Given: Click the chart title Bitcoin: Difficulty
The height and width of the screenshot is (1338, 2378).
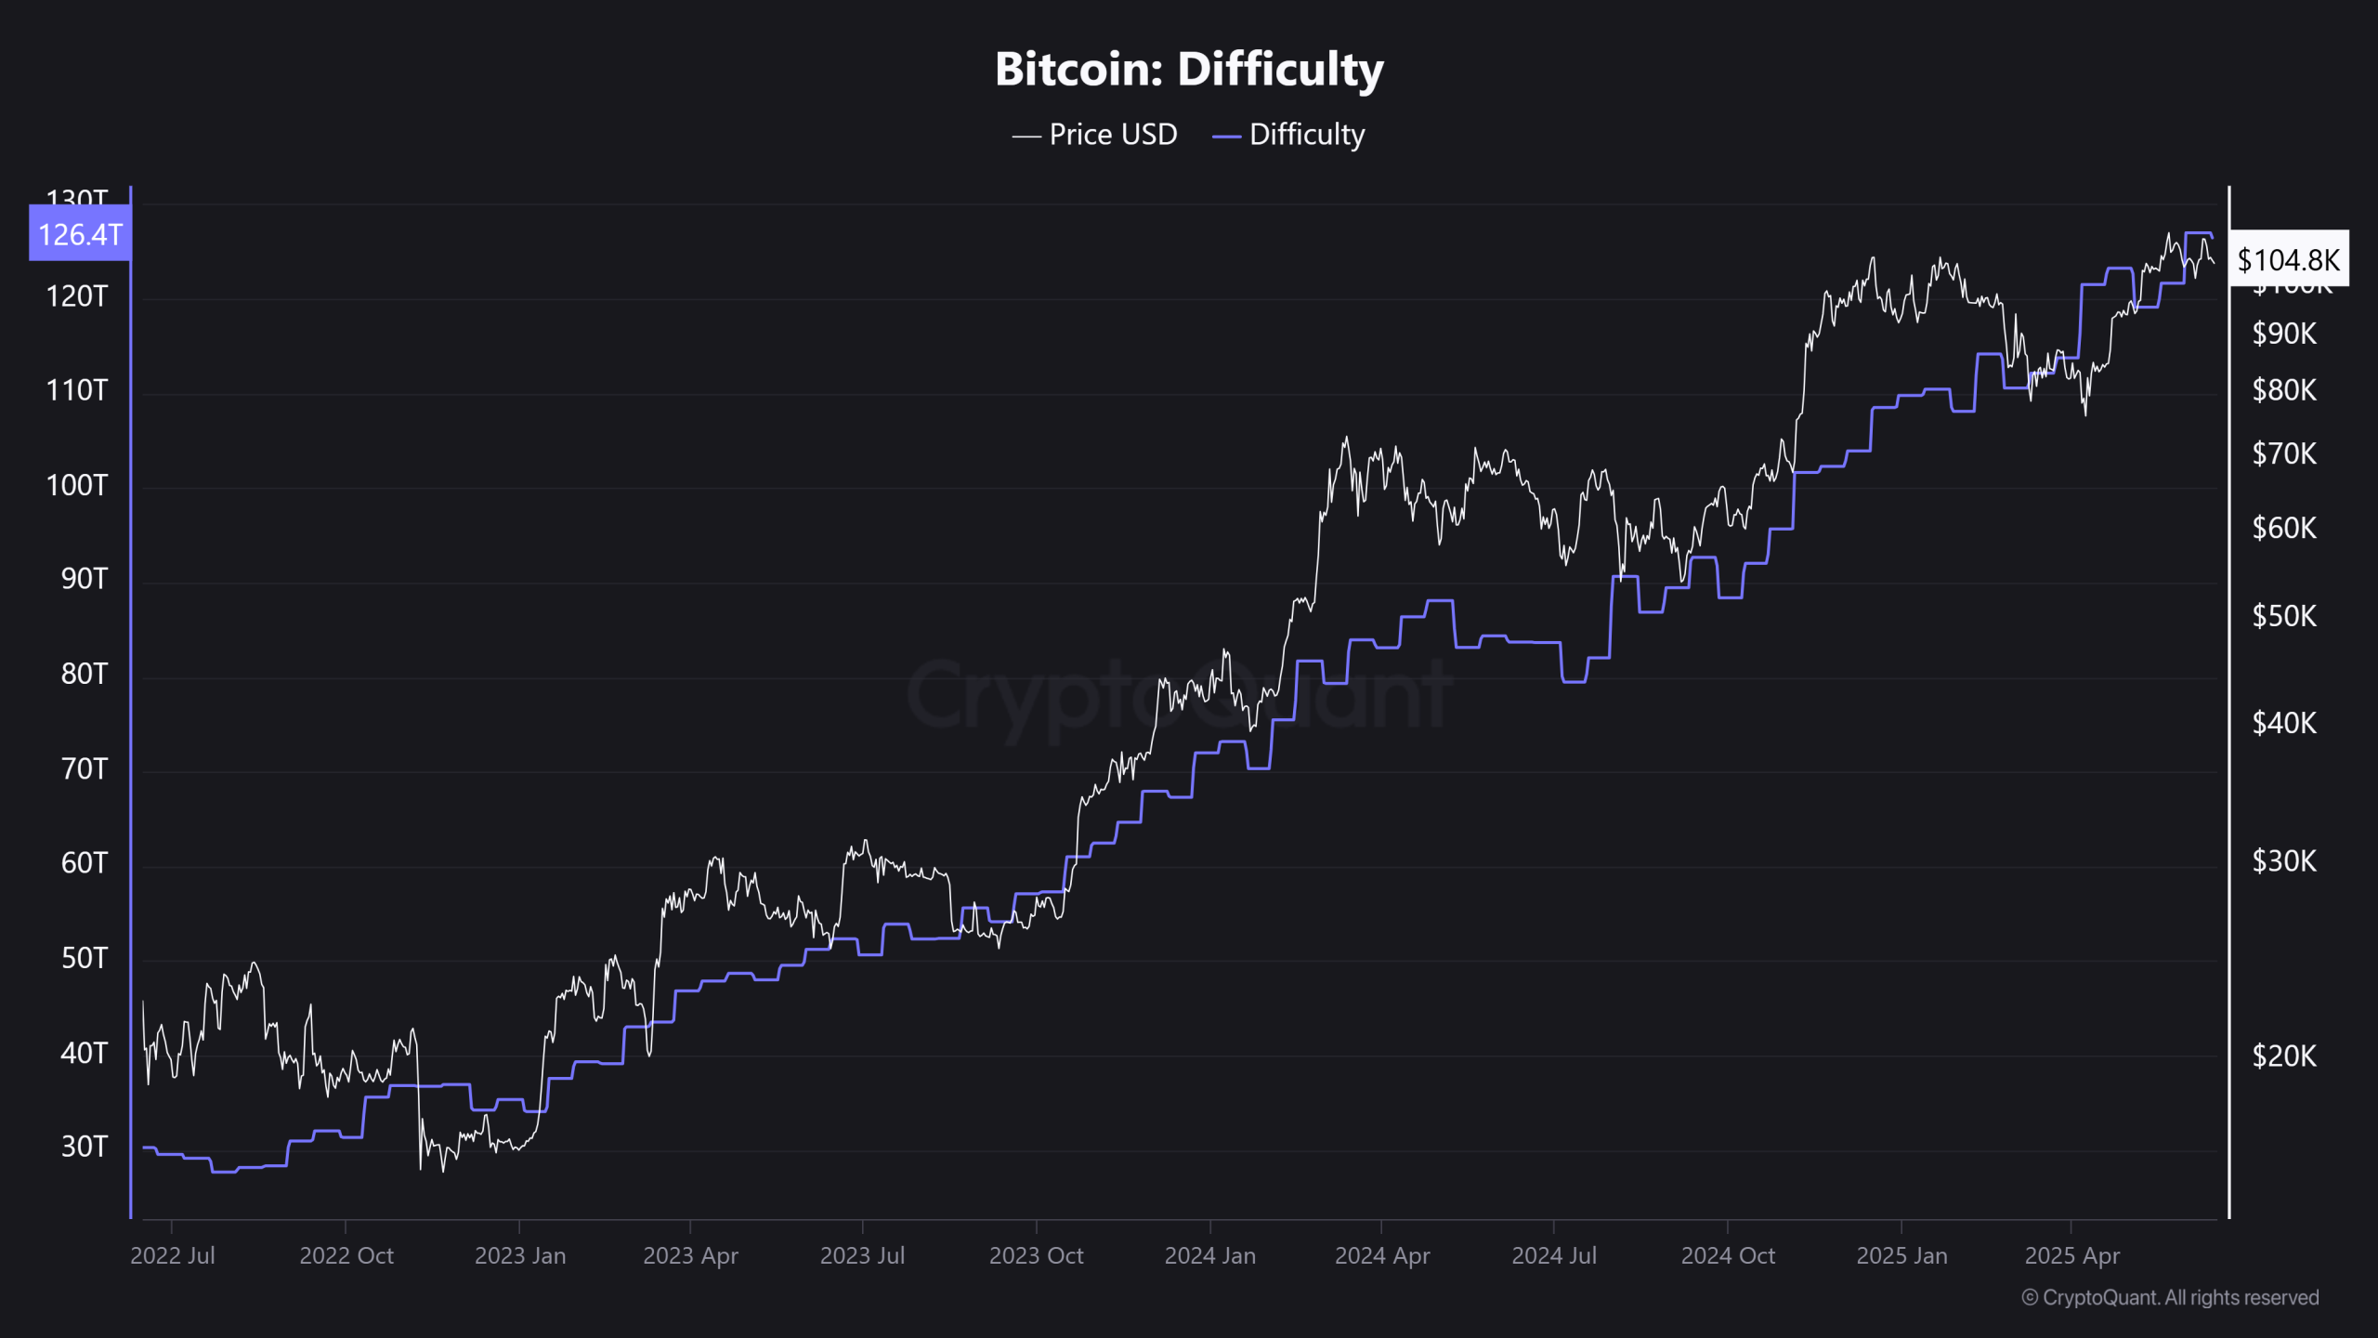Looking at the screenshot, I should pyautogui.click(x=1189, y=70).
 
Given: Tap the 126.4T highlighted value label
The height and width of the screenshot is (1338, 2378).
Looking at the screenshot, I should pyautogui.click(x=80, y=234).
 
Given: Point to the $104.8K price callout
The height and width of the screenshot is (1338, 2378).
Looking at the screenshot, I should pyautogui.click(x=2289, y=259).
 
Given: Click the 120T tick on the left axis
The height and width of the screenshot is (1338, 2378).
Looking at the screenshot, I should pyautogui.click(x=77, y=296).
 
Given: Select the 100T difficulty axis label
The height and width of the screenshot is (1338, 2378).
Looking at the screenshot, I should pyautogui.click(x=77, y=485).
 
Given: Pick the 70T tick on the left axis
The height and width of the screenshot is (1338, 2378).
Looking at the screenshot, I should pyautogui.click(x=84, y=768).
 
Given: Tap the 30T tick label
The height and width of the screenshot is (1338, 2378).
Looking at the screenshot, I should pyautogui.click(x=84, y=1147).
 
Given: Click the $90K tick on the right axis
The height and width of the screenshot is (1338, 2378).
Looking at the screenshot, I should pyautogui.click(x=2284, y=334).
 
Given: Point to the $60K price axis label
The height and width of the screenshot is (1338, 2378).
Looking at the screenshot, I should pyautogui.click(x=2284, y=528).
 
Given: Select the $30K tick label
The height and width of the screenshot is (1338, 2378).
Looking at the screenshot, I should pyautogui.click(x=2284, y=861).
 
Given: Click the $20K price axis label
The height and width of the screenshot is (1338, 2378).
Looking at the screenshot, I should pyautogui.click(x=2284, y=1056).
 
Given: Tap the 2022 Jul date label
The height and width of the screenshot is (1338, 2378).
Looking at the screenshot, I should pyautogui.click(x=173, y=1256).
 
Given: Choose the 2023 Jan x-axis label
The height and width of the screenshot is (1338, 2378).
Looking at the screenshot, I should pyautogui.click(x=520, y=1256).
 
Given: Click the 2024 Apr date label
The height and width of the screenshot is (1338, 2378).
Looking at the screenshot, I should pyautogui.click(x=1382, y=1256).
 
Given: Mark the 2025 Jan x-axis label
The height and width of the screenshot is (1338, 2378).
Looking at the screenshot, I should pyautogui.click(x=1901, y=1256).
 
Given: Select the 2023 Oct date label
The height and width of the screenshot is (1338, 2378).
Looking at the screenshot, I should pyautogui.click(x=1037, y=1256).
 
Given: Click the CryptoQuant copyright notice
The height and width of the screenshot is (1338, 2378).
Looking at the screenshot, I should pyautogui.click(x=2170, y=1298).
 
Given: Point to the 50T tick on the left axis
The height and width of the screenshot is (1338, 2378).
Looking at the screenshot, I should pyautogui.click(x=84, y=958).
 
